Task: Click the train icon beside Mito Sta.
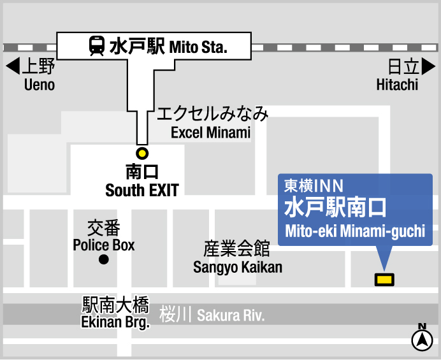coord(97,46)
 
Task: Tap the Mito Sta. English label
coord(199,47)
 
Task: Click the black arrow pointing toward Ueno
coord(11,66)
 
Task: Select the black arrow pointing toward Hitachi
coord(429,66)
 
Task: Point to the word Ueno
coord(40,85)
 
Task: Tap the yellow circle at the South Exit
coord(142,153)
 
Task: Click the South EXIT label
coord(142,190)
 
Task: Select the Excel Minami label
coord(211,133)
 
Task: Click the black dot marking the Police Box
coord(103,259)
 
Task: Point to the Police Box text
coord(104,245)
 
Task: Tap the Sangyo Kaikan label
coord(238,267)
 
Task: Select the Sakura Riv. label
coord(230,315)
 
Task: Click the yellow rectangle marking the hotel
coord(384,279)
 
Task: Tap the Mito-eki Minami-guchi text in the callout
coord(355,231)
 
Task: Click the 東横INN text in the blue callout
coord(314,185)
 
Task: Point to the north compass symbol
coord(422,340)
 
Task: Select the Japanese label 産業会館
coord(236,248)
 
